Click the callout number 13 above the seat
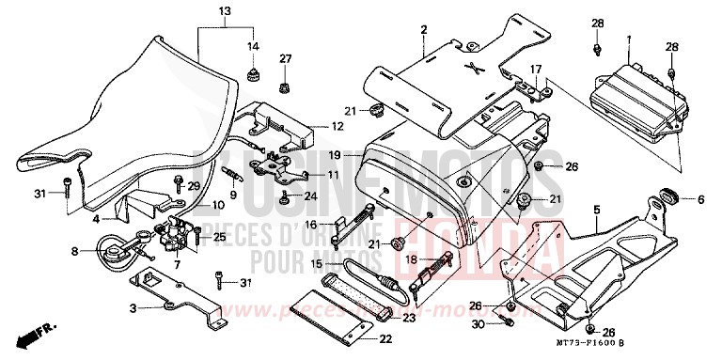(x=223, y=11)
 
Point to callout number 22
(x=385, y=339)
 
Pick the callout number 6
(x=700, y=199)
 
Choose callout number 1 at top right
(x=628, y=38)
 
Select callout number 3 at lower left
(x=133, y=308)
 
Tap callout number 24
(x=310, y=196)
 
